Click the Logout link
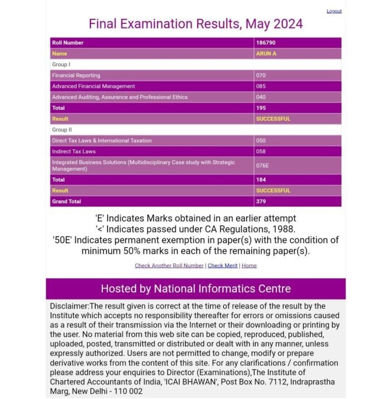334,11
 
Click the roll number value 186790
265,43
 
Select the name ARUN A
266,54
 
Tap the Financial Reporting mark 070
261,75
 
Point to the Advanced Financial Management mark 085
261,87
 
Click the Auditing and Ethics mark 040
261,97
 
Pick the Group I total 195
261,108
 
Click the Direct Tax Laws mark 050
261,141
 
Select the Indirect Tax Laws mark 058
261,151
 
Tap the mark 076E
263,165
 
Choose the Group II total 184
261,180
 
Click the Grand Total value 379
261,201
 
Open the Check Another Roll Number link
169,265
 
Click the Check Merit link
222,265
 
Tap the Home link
249,265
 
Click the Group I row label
61,65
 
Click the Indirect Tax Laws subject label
74,151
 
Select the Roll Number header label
68,43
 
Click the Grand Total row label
66,201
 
